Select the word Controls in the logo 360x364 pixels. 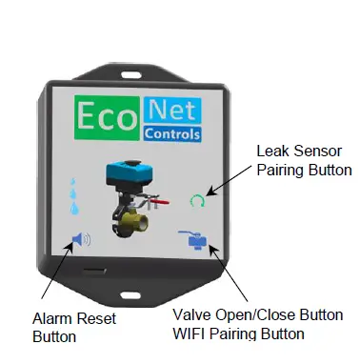pos(172,134)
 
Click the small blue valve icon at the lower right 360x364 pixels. pos(198,242)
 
